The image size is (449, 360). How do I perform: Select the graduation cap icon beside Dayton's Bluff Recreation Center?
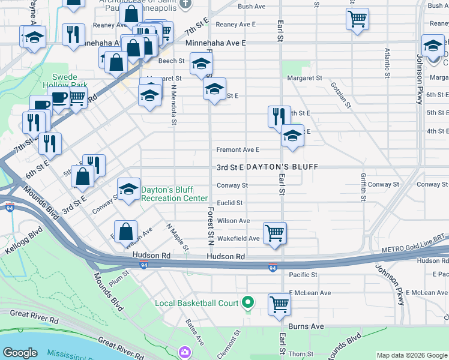coord(128,190)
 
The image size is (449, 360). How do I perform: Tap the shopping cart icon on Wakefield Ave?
coord(274,232)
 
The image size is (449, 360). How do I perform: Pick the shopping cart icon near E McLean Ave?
coord(279,304)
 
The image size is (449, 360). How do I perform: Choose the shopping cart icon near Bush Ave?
coord(357,19)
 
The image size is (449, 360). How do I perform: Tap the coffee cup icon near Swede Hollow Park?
coord(60,98)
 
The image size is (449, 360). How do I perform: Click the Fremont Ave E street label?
coord(238,149)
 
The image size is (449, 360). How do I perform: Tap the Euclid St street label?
coord(229,203)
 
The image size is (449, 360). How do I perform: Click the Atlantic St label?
coord(387,63)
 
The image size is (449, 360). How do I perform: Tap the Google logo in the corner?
coord(20,353)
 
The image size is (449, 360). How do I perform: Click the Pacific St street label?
coord(303,275)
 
